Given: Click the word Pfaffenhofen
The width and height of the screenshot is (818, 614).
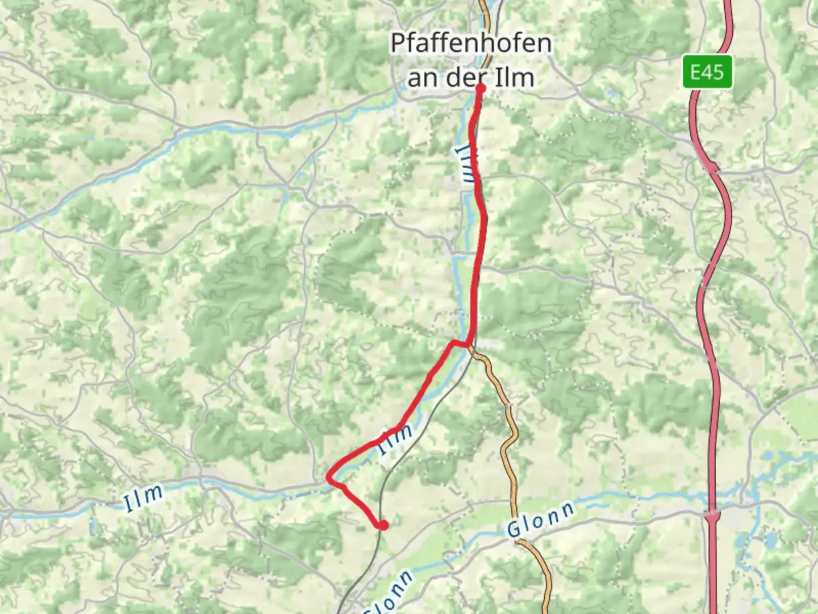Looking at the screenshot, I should (470, 43).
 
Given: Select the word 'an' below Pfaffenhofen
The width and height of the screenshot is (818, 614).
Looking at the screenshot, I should (420, 78).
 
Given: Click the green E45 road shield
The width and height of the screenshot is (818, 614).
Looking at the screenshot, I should (707, 72).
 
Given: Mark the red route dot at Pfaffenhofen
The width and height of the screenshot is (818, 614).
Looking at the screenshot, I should (480, 88).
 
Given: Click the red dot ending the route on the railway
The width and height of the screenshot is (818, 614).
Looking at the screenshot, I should (383, 525).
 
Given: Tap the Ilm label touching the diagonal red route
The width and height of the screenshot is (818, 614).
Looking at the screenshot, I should (396, 439).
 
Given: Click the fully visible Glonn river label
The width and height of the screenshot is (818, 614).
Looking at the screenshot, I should (540, 520).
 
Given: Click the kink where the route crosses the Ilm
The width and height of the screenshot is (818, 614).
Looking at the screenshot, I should (467, 344).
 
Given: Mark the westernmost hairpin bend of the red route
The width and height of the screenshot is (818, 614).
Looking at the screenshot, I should (329, 479).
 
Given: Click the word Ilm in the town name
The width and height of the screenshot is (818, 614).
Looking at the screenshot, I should (514, 78).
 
